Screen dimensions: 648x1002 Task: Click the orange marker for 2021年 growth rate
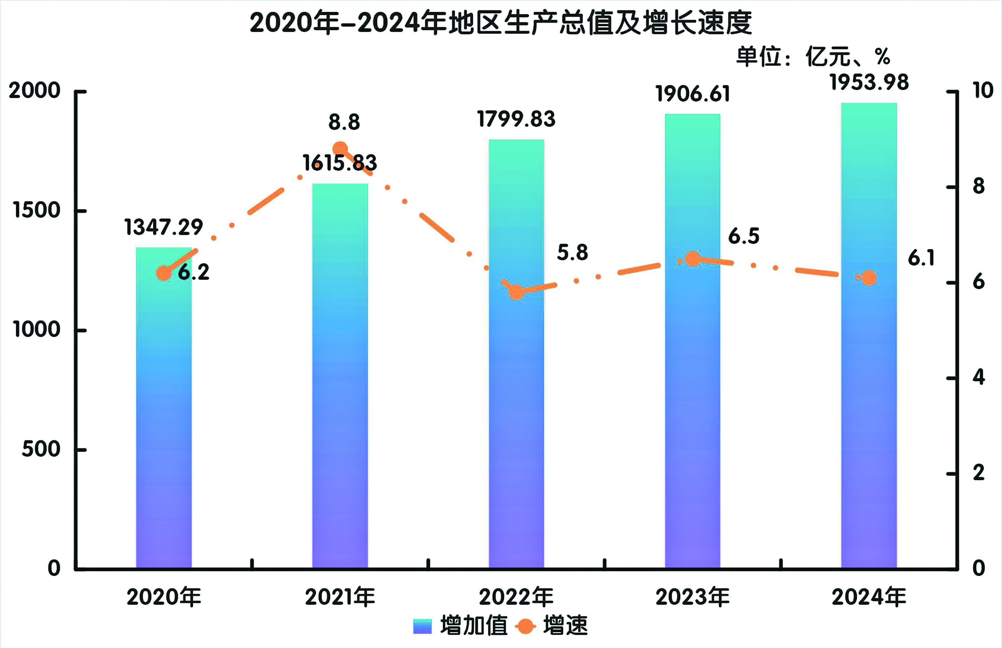click(x=340, y=149)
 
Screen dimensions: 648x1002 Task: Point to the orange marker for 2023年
click(x=692, y=259)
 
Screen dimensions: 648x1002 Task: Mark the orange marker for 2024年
click(x=869, y=278)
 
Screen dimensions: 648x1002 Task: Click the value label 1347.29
click(x=164, y=227)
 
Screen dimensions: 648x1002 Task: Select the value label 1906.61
click(x=692, y=94)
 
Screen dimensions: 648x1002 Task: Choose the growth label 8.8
click(x=344, y=123)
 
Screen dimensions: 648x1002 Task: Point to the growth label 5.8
click(x=572, y=252)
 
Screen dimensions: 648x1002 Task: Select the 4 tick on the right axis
click(x=979, y=377)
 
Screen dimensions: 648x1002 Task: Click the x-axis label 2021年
click(x=340, y=597)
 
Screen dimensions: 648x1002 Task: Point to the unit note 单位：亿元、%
click(x=813, y=57)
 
